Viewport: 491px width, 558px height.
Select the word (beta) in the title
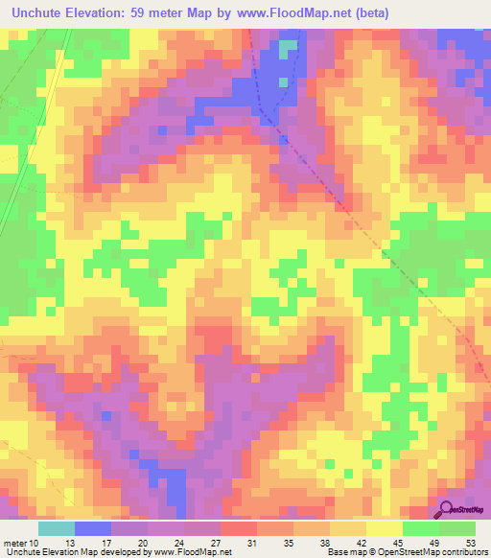[x=408, y=12]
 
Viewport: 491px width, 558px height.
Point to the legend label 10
[x=34, y=543]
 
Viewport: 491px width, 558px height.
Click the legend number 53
[x=470, y=543]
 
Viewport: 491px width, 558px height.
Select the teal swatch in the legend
[x=57, y=529]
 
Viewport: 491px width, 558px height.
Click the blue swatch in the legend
[x=93, y=529]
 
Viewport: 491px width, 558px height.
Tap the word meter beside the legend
[x=13, y=543]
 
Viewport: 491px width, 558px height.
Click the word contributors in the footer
[x=465, y=552]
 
